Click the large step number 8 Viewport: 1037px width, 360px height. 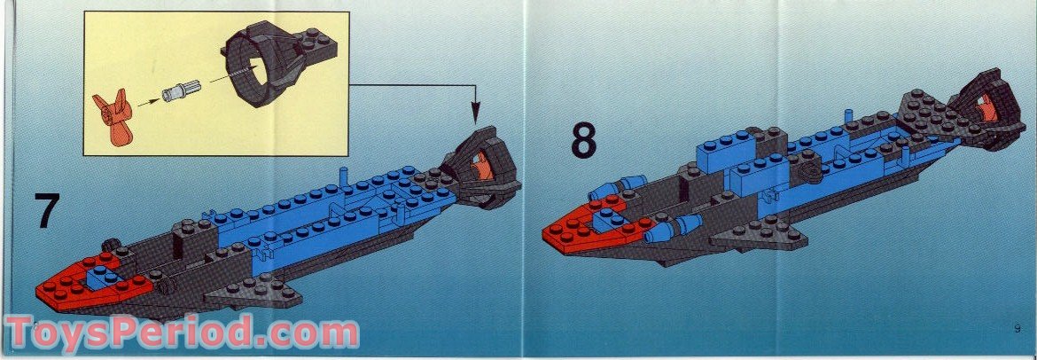click(584, 139)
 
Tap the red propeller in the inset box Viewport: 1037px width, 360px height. click(113, 119)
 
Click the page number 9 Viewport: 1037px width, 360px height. click(1018, 328)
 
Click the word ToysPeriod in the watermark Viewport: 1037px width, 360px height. click(130, 333)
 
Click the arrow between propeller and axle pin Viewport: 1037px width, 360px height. click(149, 103)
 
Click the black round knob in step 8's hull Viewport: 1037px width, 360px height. click(807, 174)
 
